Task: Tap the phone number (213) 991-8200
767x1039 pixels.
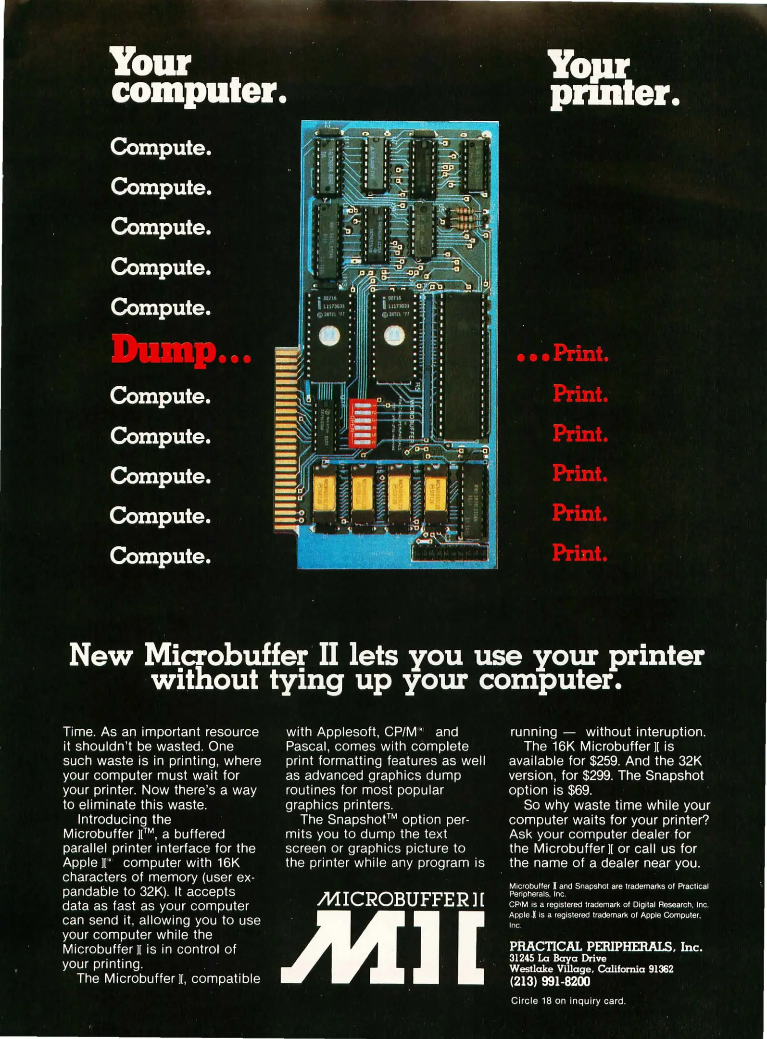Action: (550, 981)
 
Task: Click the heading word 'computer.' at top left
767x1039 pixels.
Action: (199, 91)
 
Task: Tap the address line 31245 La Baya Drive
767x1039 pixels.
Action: (558, 958)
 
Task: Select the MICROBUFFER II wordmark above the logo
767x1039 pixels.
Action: (401, 900)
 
